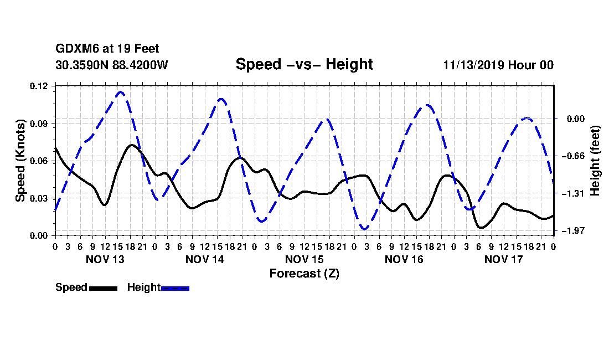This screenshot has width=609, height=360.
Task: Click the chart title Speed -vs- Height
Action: tap(304, 64)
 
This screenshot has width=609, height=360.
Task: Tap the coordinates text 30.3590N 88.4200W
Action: tap(112, 65)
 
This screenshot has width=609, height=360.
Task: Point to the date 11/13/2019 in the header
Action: tap(473, 65)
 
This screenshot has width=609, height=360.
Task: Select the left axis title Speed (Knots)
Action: tap(20, 161)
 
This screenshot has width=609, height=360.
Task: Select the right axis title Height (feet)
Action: tap(595, 161)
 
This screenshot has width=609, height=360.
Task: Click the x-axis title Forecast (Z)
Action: tap(304, 274)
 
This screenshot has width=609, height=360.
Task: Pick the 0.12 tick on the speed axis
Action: tap(39, 86)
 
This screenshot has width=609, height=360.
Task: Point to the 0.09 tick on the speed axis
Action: tap(39, 124)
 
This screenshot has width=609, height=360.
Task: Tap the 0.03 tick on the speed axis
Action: tap(39, 198)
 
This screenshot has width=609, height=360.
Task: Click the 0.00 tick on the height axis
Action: tap(576, 119)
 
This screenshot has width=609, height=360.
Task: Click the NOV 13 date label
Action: tap(105, 259)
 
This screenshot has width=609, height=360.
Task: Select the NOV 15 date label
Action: tap(304, 259)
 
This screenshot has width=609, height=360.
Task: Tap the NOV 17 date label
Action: tap(504, 259)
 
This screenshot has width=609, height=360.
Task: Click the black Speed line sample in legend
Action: tap(103, 289)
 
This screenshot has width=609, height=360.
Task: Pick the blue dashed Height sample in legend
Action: tap(175, 289)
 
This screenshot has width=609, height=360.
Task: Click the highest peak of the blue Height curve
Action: tap(120, 92)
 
